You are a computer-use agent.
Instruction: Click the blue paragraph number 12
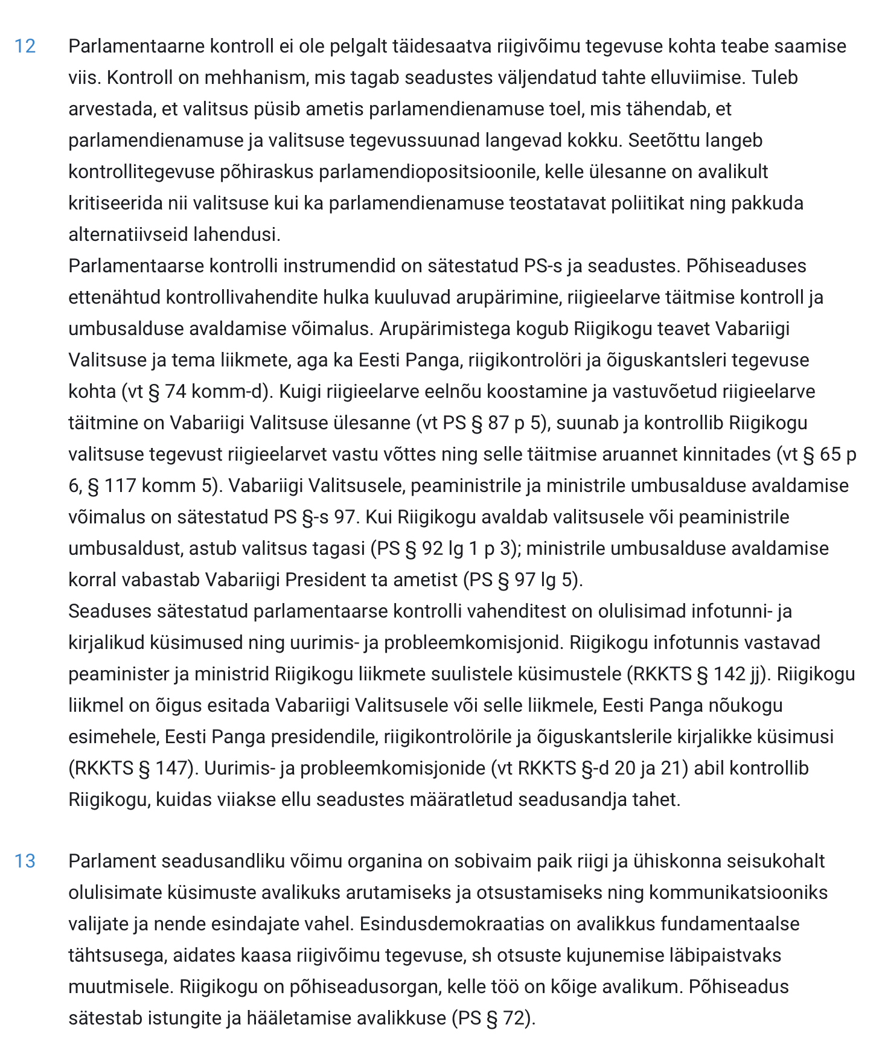click(25, 46)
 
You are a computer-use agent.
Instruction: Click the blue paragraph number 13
click(25, 861)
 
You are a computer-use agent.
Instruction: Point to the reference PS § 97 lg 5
click(523, 580)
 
